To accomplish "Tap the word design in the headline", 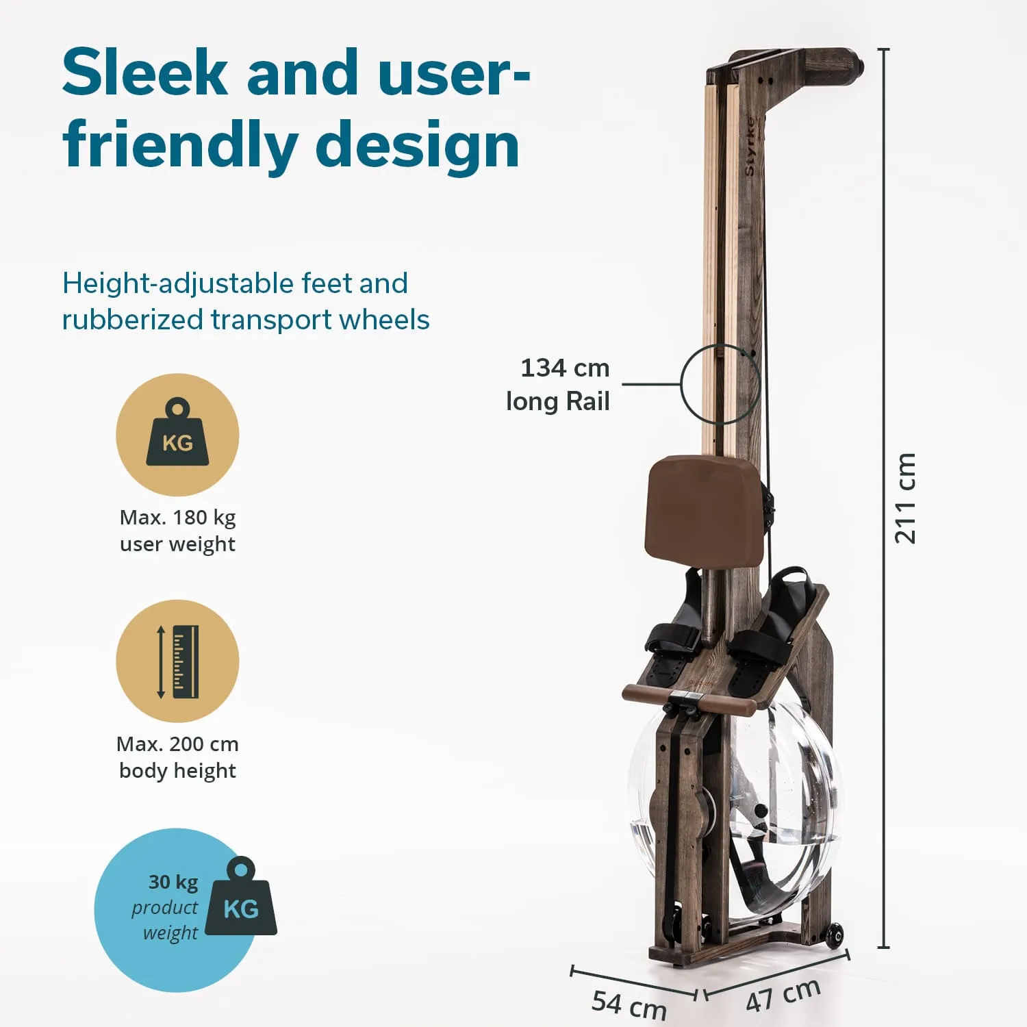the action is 417,145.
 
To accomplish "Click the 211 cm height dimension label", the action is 904,498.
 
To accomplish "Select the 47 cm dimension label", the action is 783,996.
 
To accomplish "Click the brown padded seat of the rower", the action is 705,511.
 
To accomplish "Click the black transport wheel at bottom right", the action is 834,935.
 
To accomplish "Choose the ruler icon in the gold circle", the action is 178,661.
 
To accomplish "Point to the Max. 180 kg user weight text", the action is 177,531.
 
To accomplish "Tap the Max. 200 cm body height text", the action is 177,757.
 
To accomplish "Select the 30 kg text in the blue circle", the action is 173,882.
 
